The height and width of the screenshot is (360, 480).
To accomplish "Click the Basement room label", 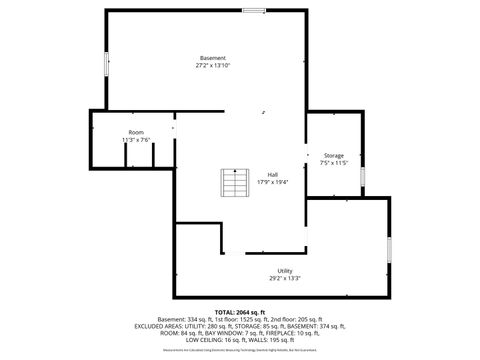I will (x=212, y=58).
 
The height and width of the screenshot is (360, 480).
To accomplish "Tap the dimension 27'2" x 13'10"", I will (x=212, y=65).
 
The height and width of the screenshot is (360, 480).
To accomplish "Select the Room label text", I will (x=136, y=133).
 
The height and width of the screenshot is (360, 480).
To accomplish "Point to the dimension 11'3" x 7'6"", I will (x=136, y=140).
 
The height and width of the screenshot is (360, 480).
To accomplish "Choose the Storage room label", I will (x=333, y=155).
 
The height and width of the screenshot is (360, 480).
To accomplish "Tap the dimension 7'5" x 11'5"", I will (x=333, y=162).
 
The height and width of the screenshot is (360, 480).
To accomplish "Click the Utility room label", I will (x=285, y=271).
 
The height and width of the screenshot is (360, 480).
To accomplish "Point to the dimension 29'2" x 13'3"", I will (x=285, y=278).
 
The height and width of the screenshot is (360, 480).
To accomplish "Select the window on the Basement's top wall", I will (x=254, y=10).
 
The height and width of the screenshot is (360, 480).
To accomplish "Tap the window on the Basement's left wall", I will (x=108, y=60).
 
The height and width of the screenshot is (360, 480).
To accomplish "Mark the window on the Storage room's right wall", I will (x=362, y=175).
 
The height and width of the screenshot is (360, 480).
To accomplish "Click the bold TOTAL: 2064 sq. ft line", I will (x=240, y=312).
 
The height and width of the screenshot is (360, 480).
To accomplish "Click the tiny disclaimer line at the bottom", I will (x=240, y=350).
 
